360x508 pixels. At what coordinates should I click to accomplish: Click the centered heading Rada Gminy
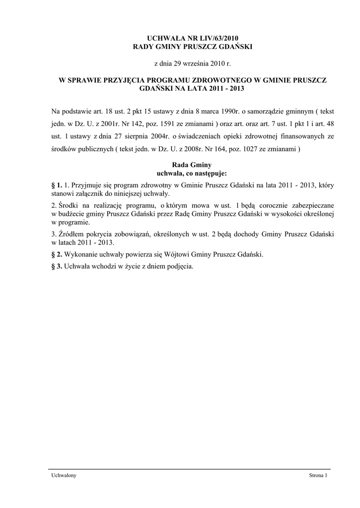(x=191, y=165)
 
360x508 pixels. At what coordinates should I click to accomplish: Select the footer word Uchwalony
(x=64, y=476)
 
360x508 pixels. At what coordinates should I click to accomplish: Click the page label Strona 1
(x=318, y=476)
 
